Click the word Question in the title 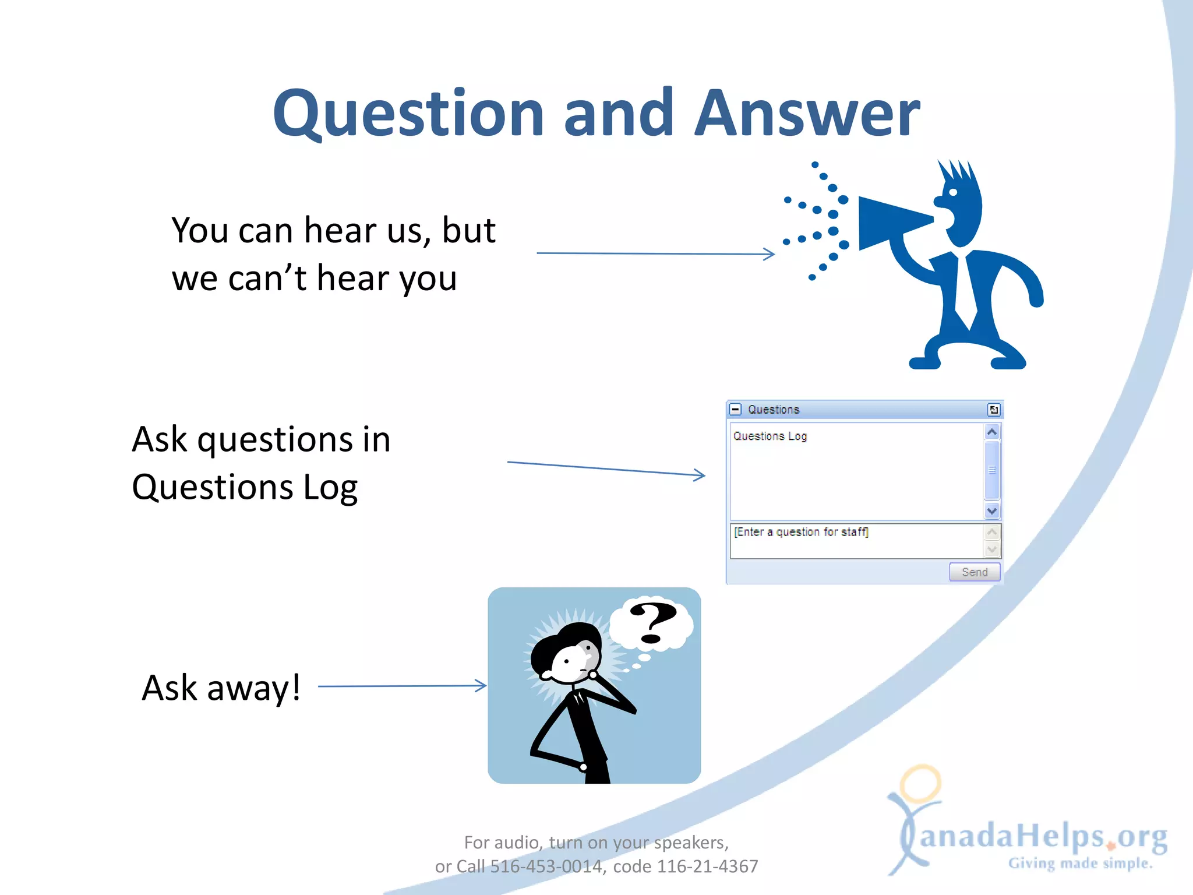point(408,114)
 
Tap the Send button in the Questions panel point(974,572)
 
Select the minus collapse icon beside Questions point(736,409)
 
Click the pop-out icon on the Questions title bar point(994,410)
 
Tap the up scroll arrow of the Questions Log point(992,432)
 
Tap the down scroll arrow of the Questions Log point(992,511)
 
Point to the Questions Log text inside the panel point(770,436)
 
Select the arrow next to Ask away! point(402,686)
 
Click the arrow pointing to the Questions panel point(606,468)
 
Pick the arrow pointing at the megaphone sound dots point(655,253)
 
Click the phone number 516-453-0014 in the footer point(545,866)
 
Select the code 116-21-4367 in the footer point(707,866)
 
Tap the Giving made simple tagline point(1080,863)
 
